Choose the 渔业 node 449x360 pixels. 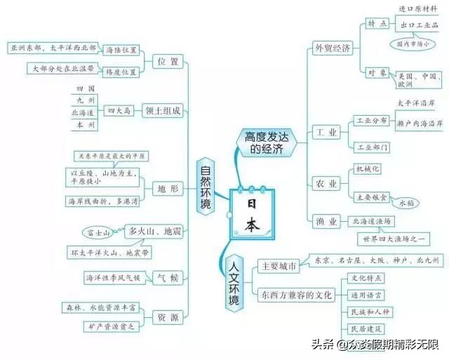(327, 221)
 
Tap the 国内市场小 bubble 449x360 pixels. (417, 44)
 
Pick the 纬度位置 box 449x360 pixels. (121, 72)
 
